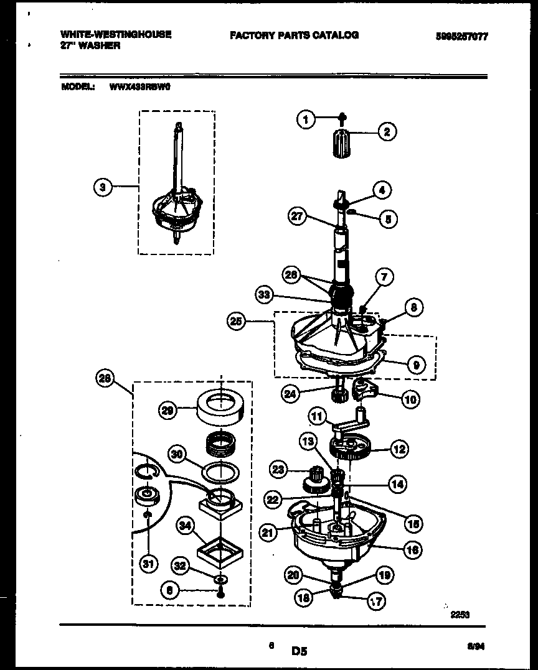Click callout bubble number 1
pos(306,119)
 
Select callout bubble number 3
pos(103,186)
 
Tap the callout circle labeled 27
pos(298,216)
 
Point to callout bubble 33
pos(264,295)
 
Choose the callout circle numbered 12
pos(399,447)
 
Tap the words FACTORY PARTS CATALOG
pos(294,35)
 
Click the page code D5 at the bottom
pos(299,651)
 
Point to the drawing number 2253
pos(460,614)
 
